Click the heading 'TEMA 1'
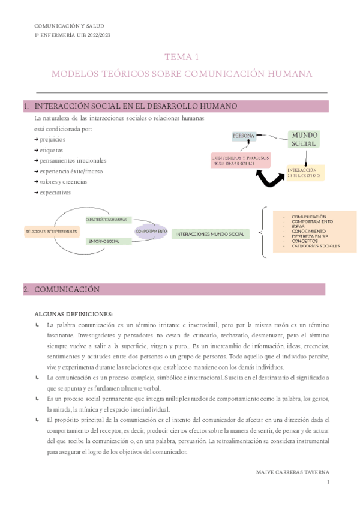(x=182, y=57)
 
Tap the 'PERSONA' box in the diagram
(x=244, y=136)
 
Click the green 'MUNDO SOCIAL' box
(x=304, y=139)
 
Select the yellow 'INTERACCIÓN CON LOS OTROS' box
(x=305, y=172)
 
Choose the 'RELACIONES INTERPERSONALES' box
(x=51, y=231)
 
